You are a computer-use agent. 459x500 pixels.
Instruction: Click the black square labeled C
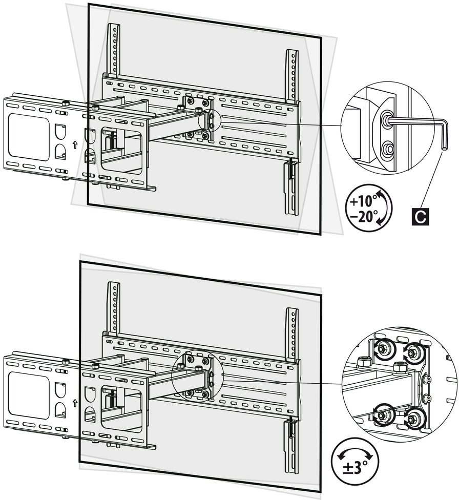pos(420,217)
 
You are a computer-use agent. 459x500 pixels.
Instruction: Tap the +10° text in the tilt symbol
pos(363,201)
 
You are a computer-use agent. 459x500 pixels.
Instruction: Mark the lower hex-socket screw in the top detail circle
pos(388,150)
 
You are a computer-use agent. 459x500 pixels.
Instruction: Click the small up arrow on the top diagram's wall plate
pos(75,144)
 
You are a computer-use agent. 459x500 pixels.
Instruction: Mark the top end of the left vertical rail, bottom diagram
pos(114,284)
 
